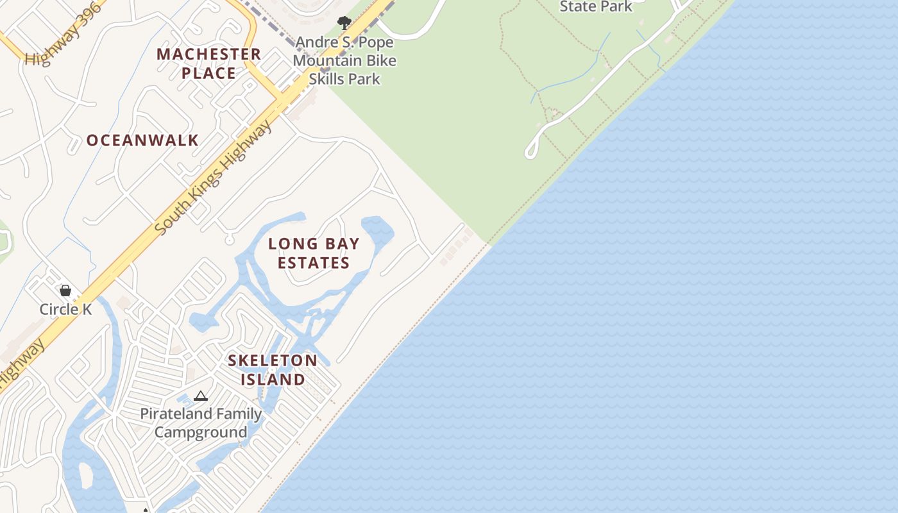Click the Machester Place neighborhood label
coord(208,63)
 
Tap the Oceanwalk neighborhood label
coord(142,140)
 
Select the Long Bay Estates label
coord(314,253)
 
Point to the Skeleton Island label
coord(273,370)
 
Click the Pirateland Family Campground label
coord(201,423)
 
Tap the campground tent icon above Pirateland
coord(201,396)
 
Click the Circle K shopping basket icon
coord(65,290)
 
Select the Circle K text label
coord(65,309)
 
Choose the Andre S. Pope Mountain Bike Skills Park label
coord(344,61)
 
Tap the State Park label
coord(596,7)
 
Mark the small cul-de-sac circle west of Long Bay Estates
coord(230,240)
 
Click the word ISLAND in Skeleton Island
coord(273,380)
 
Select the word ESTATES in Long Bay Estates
coord(314,263)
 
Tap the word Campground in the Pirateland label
coord(201,432)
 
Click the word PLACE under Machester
coord(208,73)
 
